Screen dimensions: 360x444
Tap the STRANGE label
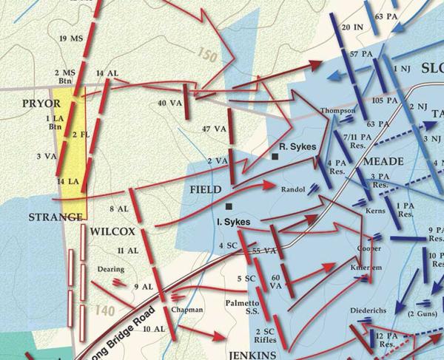pyautogui.click(x=55, y=217)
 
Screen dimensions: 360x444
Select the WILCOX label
pyautogui.click(x=111, y=231)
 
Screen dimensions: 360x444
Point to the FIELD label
pyautogui.click(x=206, y=189)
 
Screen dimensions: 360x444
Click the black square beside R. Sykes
pyautogui.click(x=275, y=157)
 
